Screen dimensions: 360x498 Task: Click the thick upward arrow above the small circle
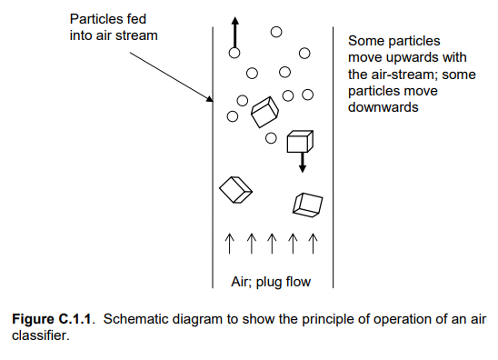click(234, 33)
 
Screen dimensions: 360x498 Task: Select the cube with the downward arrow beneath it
click(299, 141)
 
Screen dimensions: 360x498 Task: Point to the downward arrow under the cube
click(302, 163)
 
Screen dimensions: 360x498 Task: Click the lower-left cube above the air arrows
click(234, 188)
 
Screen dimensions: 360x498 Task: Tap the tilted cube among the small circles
click(264, 112)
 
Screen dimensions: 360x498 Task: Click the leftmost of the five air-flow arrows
click(229, 242)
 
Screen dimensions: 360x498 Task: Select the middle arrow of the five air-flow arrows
click(271, 242)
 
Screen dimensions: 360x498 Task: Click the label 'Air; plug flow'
click(270, 281)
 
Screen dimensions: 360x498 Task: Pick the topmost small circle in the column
click(276, 32)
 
